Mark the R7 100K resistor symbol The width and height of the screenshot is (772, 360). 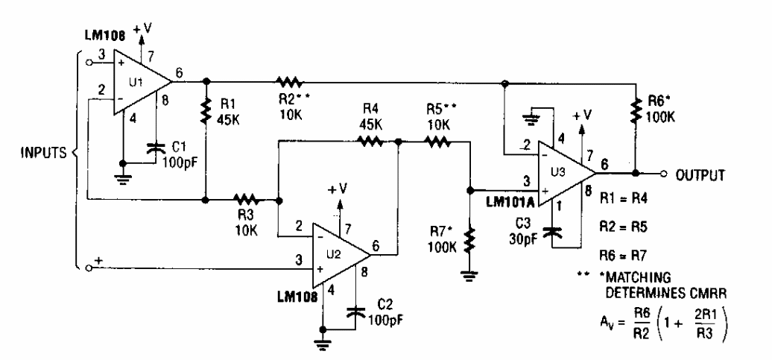coord(469,240)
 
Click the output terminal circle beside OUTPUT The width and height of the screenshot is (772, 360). coord(663,173)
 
